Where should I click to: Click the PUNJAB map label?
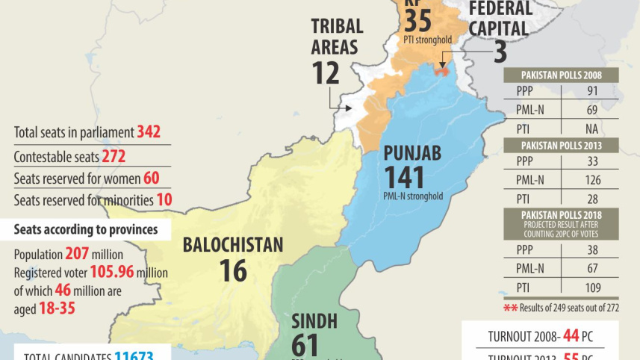412,154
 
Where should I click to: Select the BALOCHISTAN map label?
233,244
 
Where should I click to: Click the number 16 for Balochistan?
233,270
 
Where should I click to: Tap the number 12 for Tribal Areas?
326,72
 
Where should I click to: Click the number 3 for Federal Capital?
500,53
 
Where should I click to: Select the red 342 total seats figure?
149,132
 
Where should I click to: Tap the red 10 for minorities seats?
164,200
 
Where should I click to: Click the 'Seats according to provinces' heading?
86,229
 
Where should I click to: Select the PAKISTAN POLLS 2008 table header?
562,75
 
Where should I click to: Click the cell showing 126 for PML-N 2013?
591,179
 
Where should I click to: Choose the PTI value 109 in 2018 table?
591,288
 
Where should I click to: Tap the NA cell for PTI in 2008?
591,128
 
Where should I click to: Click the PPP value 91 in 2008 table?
591,92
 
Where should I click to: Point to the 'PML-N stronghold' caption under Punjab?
413,196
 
